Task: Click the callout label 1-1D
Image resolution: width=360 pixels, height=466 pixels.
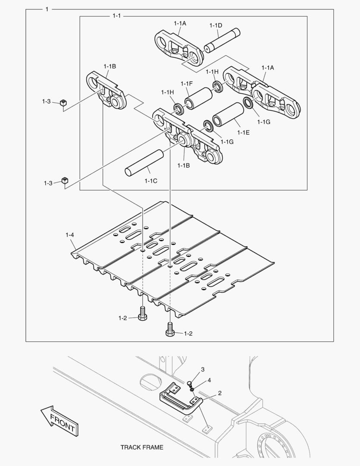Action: tap(216, 25)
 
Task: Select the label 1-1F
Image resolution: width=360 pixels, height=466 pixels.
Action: tap(187, 83)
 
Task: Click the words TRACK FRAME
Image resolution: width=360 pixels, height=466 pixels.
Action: tap(142, 447)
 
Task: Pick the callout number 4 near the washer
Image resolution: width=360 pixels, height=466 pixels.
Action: tap(209, 380)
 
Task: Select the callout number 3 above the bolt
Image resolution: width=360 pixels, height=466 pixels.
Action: tap(203, 369)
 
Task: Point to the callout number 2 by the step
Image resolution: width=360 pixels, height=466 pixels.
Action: tap(220, 393)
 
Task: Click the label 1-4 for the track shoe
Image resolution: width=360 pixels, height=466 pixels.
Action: tap(70, 235)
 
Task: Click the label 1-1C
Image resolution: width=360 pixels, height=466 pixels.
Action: tap(150, 181)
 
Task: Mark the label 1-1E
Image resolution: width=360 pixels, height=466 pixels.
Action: tap(243, 133)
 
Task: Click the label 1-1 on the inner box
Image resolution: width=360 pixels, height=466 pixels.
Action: tap(116, 16)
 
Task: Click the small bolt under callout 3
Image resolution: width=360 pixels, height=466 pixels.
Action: tap(191, 383)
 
